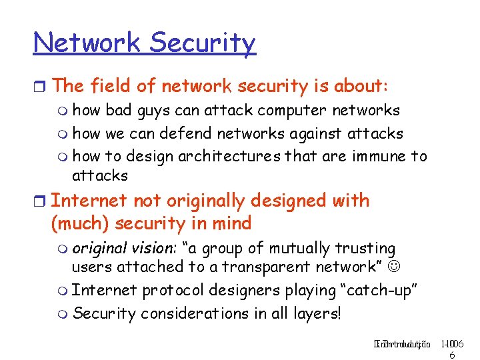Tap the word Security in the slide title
pyautogui.click(x=203, y=44)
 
